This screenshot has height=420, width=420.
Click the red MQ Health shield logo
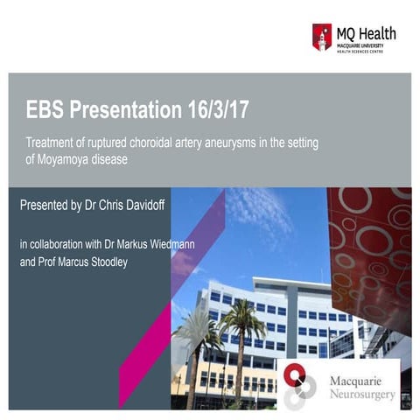point(322,37)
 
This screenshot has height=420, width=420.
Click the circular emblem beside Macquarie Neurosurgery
point(297,386)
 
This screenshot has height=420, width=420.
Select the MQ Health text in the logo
point(366,33)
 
